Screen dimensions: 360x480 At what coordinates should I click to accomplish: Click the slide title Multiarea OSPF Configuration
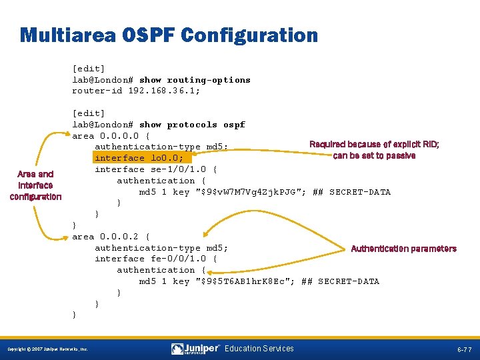(169, 35)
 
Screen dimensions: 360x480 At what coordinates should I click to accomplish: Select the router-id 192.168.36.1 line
(136, 91)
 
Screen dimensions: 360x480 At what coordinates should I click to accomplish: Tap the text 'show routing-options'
(195, 79)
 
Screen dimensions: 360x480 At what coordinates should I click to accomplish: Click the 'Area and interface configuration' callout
(36, 185)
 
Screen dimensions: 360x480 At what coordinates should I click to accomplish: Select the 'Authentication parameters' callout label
(403, 249)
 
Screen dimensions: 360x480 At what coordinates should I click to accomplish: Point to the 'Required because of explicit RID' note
(374, 150)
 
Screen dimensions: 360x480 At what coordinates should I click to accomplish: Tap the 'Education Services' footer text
(259, 349)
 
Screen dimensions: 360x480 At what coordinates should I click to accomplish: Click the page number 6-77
(465, 349)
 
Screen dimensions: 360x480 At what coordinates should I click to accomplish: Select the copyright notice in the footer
(47, 349)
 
